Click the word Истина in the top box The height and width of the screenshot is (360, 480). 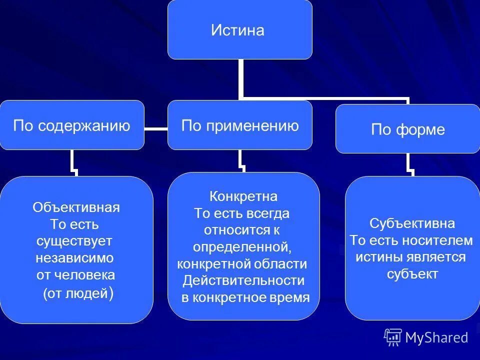click(237, 31)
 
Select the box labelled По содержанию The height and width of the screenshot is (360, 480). click(71, 125)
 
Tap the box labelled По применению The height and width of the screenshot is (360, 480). click(240, 125)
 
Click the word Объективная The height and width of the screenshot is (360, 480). click(76, 207)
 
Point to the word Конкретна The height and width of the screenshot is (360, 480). click(243, 195)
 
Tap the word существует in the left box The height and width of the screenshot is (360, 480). click(74, 241)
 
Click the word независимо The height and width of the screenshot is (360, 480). click(75, 258)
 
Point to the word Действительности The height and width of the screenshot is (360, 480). click(243, 280)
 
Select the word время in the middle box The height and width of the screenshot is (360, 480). click(290, 297)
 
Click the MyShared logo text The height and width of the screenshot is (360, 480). click(436, 337)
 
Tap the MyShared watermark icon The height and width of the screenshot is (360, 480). click(393, 337)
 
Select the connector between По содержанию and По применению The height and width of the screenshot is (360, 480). click(155, 129)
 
